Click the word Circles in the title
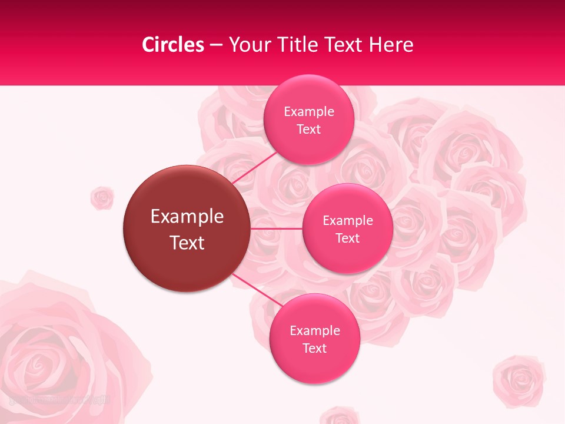(x=173, y=45)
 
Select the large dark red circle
(x=187, y=228)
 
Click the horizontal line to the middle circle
(x=276, y=228)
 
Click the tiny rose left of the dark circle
(x=102, y=198)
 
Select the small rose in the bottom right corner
(x=519, y=380)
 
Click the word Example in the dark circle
(x=187, y=217)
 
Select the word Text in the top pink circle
(x=308, y=130)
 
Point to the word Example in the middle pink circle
(x=347, y=221)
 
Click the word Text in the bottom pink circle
(x=314, y=349)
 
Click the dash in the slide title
(x=215, y=45)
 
